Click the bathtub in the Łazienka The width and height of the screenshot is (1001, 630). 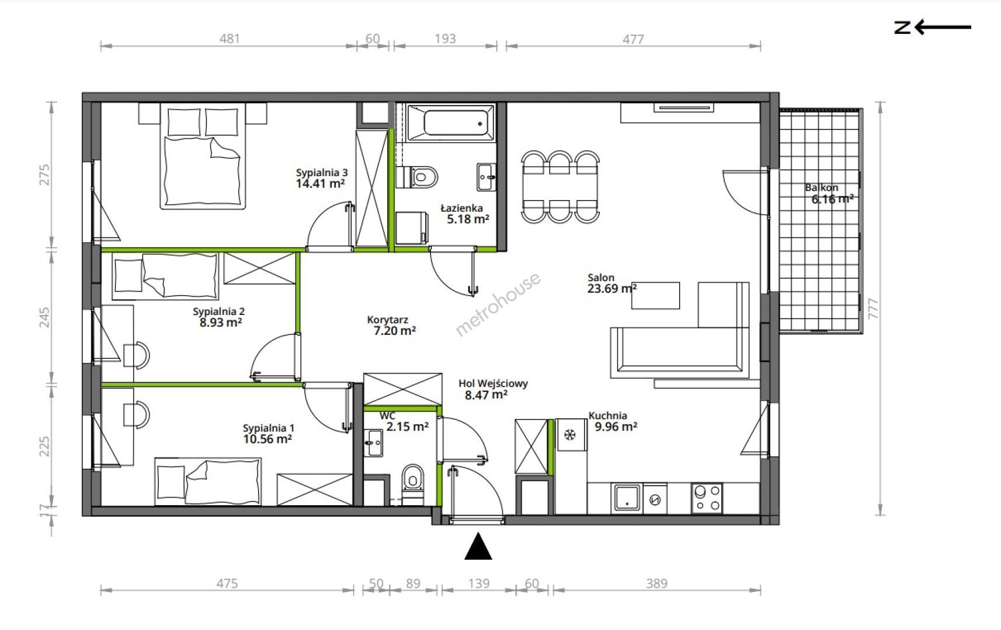tap(451, 123)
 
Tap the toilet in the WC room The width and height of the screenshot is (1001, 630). tap(412, 484)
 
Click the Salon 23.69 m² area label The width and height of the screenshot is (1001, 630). tap(612, 283)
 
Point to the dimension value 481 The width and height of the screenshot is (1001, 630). tap(230, 39)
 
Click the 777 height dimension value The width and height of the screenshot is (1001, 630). tap(873, 309)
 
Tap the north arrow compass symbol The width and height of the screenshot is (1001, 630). tap(932, 27)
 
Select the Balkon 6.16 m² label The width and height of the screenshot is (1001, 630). tap(829, 193)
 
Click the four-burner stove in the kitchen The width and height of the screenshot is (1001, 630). tap(707, 498)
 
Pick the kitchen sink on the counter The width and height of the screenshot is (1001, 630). tap(627, 498)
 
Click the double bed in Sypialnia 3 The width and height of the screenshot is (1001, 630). tap(203, 156)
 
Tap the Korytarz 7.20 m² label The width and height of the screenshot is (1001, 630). tap(391, 325)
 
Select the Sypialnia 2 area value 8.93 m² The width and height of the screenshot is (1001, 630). tap(221, 323)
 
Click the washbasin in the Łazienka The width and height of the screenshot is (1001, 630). tap(486, 177)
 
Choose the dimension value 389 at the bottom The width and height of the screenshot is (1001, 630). tap(656, 583)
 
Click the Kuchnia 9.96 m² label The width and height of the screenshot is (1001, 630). tap(613, 421)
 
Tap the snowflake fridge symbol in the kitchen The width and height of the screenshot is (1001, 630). tap(570, 435)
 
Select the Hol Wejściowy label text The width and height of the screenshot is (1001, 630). tap(493, 383)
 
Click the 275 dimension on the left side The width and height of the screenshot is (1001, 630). tap(45, 175)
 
